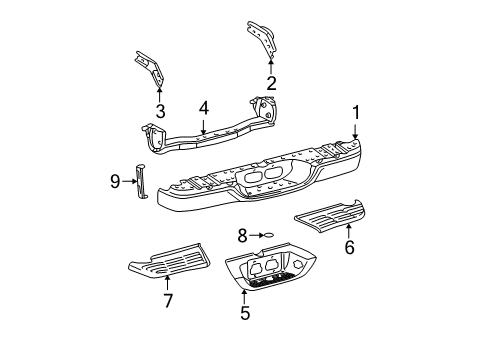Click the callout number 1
356,112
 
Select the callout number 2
271,83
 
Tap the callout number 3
161,111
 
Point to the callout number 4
204,108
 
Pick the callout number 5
245,313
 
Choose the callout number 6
349,247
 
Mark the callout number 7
168,301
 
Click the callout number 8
242,236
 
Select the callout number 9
115,182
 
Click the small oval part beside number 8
269,235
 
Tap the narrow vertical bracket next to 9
141,182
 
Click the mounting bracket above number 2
262,39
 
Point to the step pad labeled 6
330,217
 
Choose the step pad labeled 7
169,260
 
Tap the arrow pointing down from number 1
356,131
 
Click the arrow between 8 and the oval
256,235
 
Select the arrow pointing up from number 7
167,282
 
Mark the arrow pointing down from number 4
203,126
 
